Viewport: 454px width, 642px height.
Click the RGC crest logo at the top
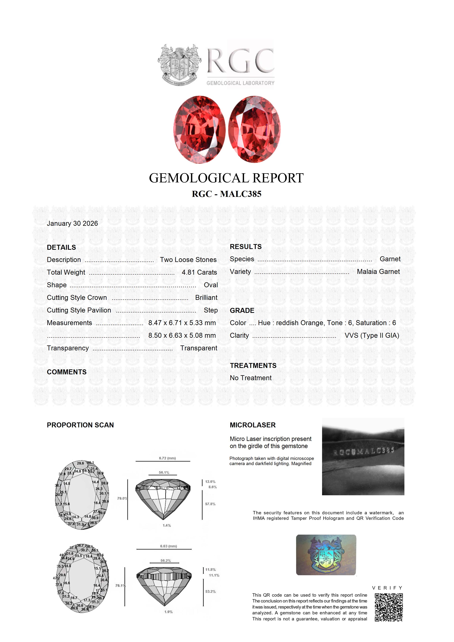point(179,65)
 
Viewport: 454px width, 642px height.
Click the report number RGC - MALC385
point(227,194)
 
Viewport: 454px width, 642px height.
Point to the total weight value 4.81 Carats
point(199,272)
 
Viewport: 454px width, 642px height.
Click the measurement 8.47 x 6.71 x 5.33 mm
point(182,323)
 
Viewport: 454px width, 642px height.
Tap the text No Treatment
point(251,378)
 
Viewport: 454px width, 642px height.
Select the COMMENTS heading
point(67,372)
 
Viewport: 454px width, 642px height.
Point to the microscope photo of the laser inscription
point(363,457)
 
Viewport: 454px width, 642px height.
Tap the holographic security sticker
point(326,555)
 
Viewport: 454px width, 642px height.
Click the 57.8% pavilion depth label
point(210,504)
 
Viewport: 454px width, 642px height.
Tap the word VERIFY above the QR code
point(387,588)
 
